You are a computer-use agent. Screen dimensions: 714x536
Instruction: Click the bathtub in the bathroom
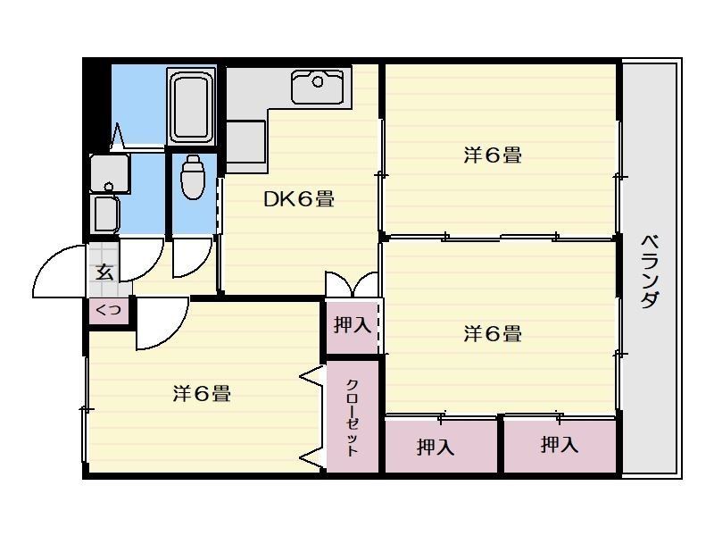click(x=192, y=107)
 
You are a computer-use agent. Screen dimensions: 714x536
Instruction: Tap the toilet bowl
click(x=193, y=177)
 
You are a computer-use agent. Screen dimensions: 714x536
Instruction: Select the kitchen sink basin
click(x=318, y=87)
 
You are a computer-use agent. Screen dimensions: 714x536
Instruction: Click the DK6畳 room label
click(x=299, y=199)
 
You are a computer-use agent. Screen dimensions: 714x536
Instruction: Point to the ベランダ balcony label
click(x=651, y=272)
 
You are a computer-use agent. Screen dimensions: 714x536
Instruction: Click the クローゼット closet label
click(x=353, y=417)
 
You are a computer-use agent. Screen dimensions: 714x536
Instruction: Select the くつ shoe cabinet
click(x=108, y=311)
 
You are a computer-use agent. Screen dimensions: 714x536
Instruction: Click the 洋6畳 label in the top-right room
click(x=493, y=155)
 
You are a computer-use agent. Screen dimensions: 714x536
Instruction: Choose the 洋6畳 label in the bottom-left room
click(x=203, y=393)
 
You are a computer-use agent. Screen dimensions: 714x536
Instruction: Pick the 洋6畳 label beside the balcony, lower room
click(x=493, y=333)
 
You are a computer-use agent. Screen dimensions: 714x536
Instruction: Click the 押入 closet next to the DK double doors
click(x=353, y=326)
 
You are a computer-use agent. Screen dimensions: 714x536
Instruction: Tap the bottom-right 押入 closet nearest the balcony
click(x=560, y=446)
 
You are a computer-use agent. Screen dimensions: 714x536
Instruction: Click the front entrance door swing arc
click(x=59, y=272)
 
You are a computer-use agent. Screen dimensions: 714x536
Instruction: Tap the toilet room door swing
click(x=192, y=257)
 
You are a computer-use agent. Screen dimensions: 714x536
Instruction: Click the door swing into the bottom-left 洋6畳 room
click(x=162, y=323)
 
